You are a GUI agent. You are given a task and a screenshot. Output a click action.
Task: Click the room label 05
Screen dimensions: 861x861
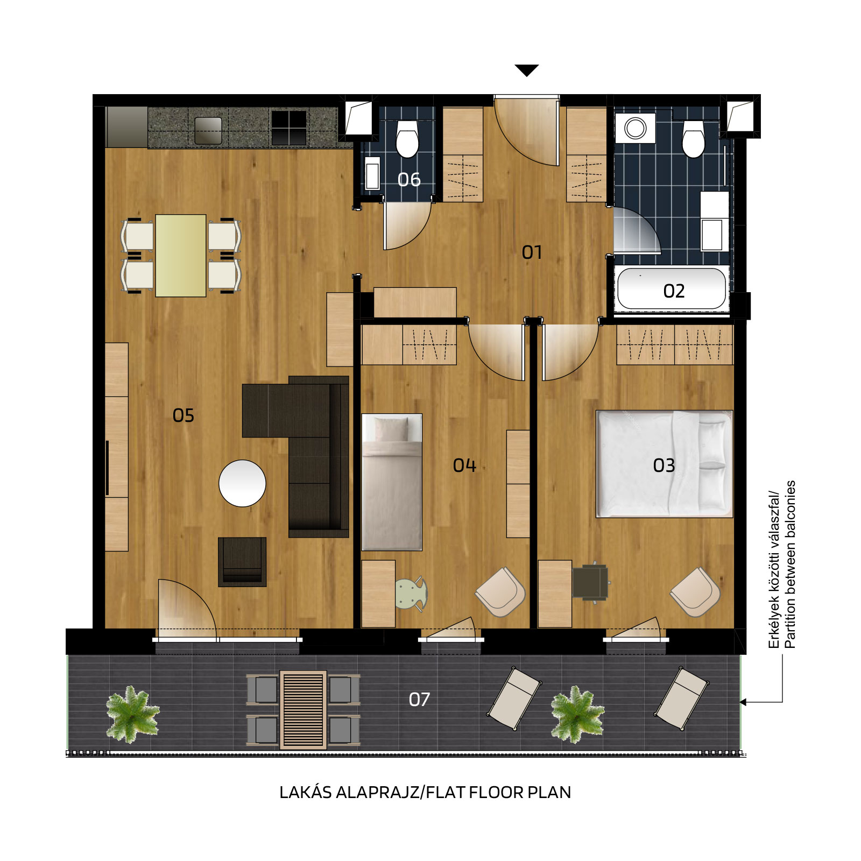[x=183, y=415]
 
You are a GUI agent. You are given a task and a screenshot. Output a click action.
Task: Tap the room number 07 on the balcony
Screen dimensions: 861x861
[x=419, y=700]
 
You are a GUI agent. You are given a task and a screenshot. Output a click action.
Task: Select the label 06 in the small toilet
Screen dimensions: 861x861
[x=409, y=180]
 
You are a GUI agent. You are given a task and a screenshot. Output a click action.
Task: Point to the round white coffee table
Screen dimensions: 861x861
[x=242, y=483]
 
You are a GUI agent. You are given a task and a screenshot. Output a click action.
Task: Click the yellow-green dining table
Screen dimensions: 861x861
[x=181, y=256]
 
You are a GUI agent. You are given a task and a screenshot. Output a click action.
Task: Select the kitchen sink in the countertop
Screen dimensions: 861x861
[x=208, y=130]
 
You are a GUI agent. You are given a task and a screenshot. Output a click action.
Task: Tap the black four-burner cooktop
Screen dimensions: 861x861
[x=289, y=128]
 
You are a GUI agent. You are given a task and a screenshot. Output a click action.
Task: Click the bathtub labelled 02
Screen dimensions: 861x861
[x=672, y=289]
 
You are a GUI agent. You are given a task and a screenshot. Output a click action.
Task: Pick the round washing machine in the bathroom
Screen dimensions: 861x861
[x=636, y=128]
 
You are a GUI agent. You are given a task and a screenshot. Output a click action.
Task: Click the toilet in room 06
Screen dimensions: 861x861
[x=407, y=138]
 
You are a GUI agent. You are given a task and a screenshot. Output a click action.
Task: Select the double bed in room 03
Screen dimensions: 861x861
[x=665, y=464]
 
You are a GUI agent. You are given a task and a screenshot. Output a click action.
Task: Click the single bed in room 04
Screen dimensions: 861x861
[x=392, y=482]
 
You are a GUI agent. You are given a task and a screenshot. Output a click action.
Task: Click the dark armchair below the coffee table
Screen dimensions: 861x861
[x=242, y=562]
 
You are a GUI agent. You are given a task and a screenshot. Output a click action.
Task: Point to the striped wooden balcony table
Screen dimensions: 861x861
[x=303, y=710]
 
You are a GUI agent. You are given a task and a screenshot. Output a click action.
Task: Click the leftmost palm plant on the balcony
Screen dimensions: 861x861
[x=132, y=714]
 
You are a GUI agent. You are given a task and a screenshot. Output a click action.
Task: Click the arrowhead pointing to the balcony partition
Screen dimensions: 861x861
[x=743, y=702]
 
